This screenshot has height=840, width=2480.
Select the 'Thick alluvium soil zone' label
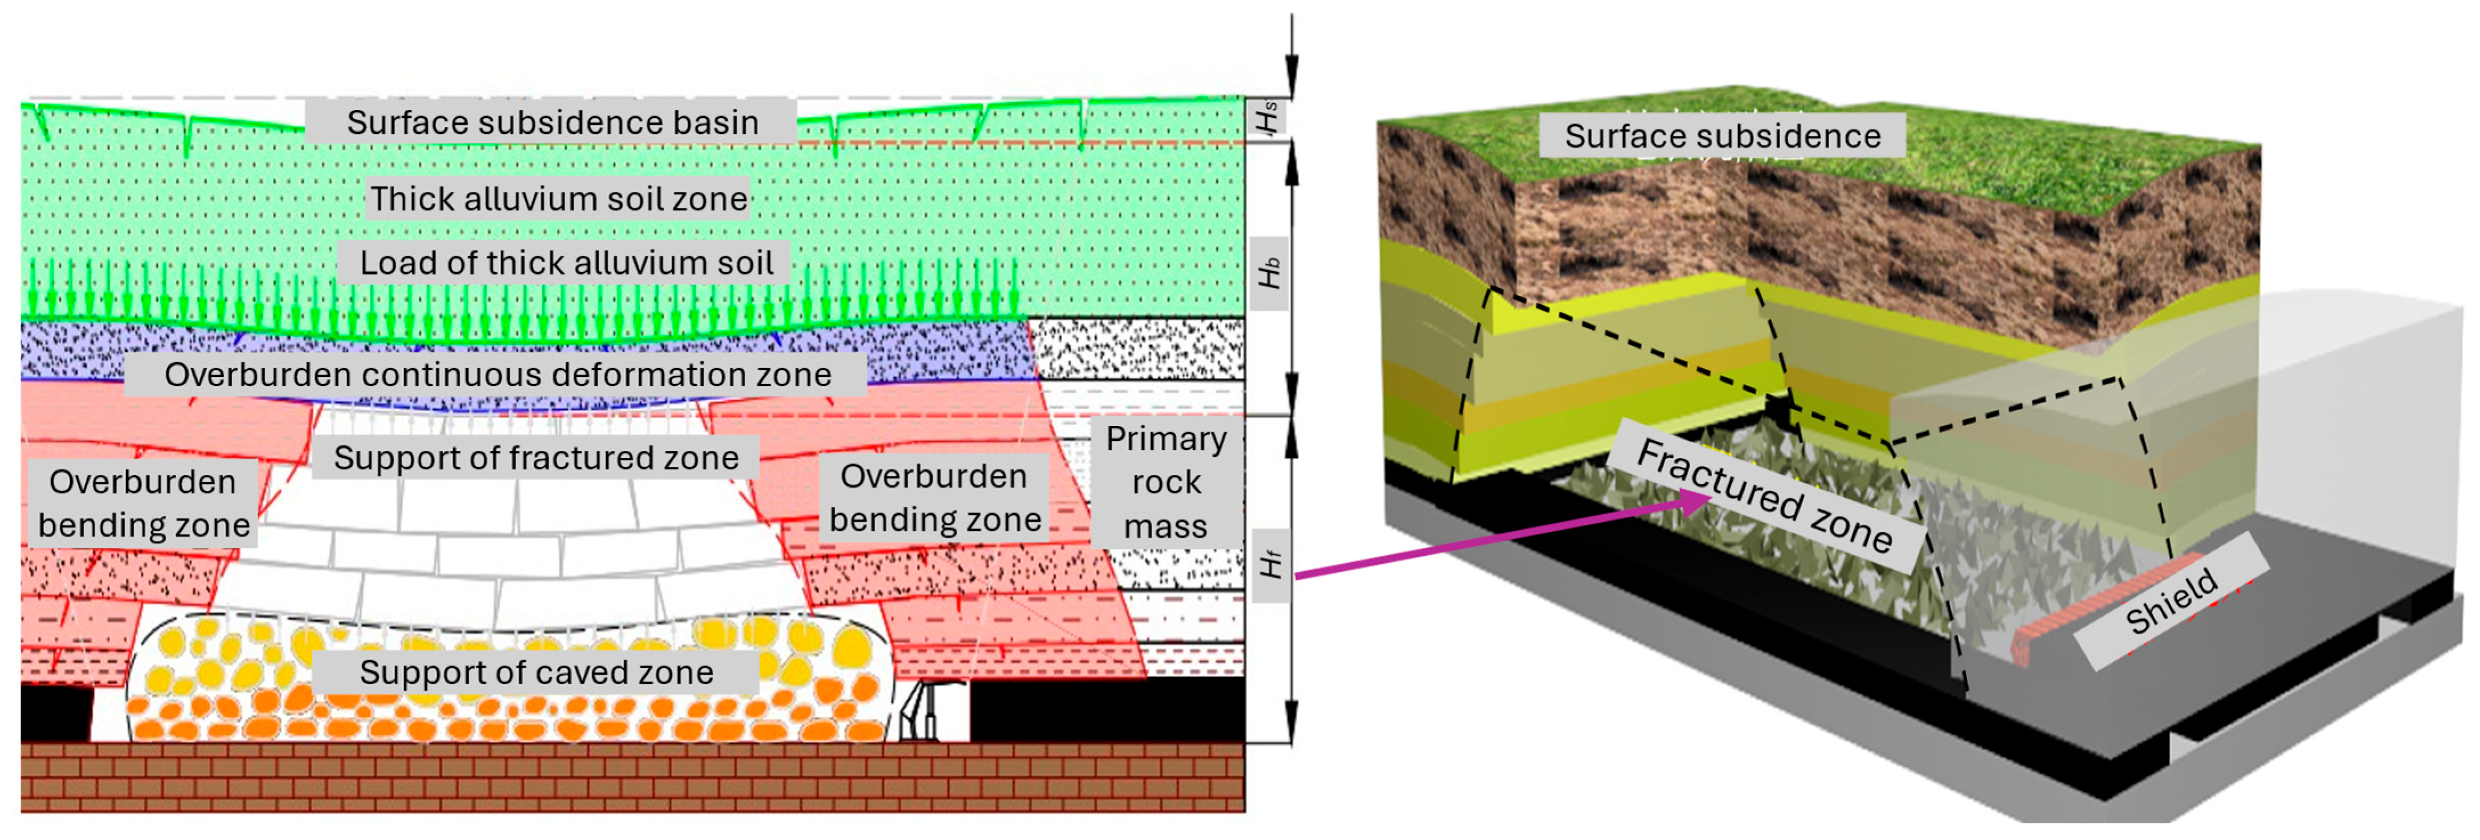[x=558, y=198]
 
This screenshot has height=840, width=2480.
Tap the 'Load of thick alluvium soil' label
[x=566, y=262]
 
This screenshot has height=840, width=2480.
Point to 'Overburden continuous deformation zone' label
[x=497, y=374]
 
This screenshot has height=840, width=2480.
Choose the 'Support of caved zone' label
[x=536, y=671]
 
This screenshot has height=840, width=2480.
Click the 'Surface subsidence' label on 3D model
[x=1722, y=136]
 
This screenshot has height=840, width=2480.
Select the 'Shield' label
[x=2171, y=601]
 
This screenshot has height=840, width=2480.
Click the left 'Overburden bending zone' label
[x=144, y=502]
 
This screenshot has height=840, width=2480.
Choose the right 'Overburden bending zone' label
[x=934, y=498]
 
